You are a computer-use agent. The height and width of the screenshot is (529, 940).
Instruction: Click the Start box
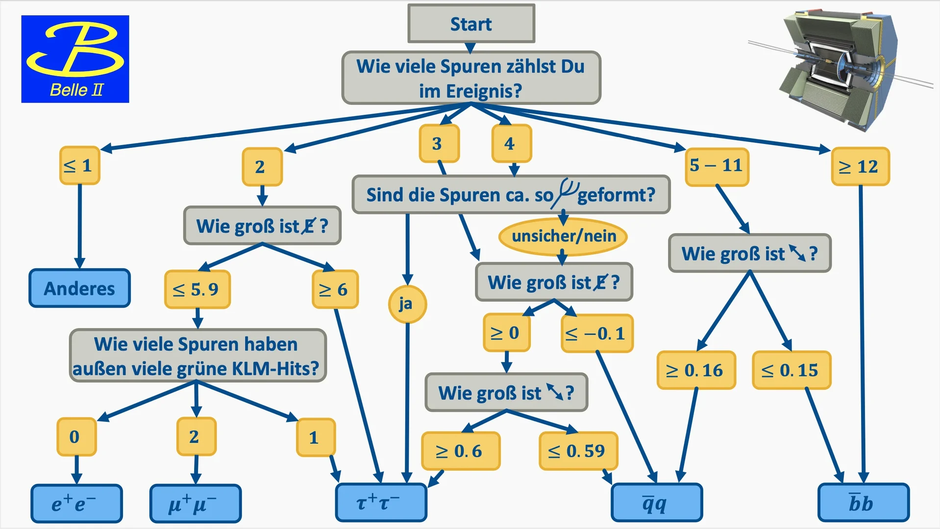471,24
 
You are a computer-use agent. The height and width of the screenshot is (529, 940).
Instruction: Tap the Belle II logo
75,59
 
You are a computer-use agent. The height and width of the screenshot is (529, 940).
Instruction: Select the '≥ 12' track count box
860,167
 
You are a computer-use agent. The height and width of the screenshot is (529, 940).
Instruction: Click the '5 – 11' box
717,167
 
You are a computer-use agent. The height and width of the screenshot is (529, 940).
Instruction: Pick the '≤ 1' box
79,166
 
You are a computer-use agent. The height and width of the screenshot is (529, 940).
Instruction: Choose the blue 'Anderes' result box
79,288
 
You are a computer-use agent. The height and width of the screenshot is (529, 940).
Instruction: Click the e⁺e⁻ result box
76,503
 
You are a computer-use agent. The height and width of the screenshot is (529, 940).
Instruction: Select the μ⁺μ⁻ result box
195,503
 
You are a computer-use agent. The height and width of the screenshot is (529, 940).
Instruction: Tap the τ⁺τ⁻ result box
381,502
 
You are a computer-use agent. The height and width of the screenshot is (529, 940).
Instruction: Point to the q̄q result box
657,502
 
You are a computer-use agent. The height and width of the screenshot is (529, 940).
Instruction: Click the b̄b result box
863,502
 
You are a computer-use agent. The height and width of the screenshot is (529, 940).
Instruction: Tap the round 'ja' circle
407,304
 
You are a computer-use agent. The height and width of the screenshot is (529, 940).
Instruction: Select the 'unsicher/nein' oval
563,236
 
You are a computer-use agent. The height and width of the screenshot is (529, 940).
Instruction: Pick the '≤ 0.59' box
578,451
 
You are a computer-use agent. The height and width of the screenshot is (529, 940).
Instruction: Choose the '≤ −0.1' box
596,334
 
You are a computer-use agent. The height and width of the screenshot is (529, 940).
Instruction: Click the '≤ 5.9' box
197,289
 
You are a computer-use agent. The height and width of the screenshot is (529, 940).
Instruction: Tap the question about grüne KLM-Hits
197,356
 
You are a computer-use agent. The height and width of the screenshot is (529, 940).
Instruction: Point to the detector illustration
838,69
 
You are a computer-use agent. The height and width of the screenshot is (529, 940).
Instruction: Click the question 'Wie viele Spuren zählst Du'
471,78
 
